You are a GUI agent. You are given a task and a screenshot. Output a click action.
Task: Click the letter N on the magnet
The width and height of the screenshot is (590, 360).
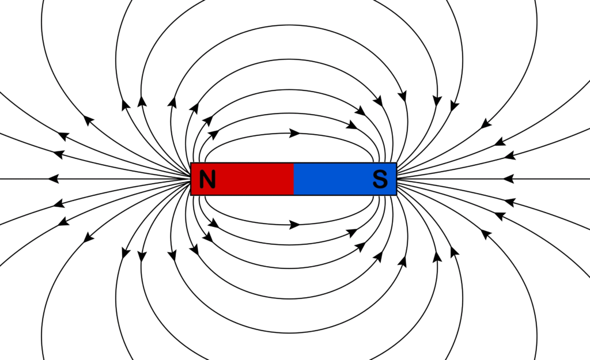pos(207,179)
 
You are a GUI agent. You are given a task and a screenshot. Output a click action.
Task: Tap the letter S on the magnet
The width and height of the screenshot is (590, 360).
pos(380,179)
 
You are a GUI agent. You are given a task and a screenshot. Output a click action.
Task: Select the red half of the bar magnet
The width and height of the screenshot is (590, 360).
pos(243,179)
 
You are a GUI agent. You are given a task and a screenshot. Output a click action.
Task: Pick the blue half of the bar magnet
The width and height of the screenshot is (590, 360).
pos(345,179)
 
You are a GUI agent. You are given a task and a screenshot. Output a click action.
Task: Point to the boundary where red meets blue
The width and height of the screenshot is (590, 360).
pos(293,179)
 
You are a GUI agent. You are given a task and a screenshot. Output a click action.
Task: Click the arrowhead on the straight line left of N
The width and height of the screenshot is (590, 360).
pos(54,179)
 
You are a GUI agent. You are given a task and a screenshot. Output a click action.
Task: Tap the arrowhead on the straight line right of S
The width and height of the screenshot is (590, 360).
pos(508,179)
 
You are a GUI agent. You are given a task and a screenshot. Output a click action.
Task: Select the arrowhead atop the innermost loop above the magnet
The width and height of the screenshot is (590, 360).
pos(294,133)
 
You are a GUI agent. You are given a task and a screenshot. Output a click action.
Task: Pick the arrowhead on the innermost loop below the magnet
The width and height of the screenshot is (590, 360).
pos(294,225)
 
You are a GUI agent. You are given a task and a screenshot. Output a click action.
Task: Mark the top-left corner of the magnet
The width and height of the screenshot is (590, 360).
pos(191,163)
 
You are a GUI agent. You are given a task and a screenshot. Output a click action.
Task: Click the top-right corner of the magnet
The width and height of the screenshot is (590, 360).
pos(396,163)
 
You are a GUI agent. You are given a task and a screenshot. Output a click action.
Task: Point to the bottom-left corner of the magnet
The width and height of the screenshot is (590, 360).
pos(191,195)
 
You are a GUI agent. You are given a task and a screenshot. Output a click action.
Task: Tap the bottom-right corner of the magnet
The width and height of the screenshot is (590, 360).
pos(396,195)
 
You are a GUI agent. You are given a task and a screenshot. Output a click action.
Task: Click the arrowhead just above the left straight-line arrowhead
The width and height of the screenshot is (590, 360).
pos(58,154)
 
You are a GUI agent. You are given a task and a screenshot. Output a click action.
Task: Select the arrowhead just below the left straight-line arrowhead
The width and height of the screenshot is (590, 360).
pos(59,203)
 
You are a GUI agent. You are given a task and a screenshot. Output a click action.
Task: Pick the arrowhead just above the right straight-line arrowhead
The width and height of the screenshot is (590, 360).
pos(510,155)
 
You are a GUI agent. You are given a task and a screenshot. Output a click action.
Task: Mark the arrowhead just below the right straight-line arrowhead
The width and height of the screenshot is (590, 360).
pos(509,202)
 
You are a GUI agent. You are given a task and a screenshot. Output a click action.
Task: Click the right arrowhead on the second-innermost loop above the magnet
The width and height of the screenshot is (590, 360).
pos(351,125)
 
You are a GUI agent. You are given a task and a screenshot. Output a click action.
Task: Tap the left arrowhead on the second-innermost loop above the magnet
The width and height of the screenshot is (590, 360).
pos(213,134)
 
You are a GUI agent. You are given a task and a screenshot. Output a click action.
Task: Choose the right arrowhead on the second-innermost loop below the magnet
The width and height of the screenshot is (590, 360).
pos(352,233)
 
